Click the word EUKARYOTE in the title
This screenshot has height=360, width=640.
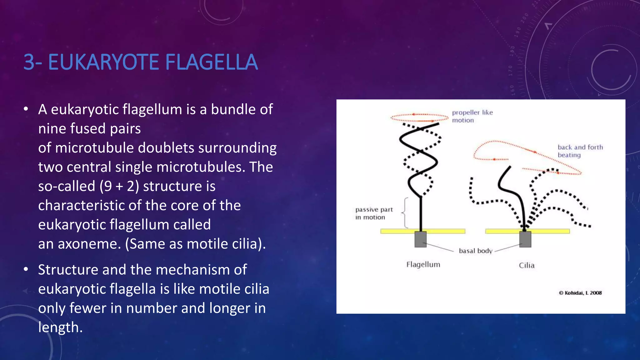[x=105, y=62]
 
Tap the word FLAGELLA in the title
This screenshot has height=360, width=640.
[x=212, y=62]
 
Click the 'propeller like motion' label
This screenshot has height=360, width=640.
[x=472, y=116]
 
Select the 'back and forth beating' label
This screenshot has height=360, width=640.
[x=580, y=151]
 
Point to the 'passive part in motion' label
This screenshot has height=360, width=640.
[x=373, y=213]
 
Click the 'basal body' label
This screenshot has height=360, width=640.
[x=475, y=251]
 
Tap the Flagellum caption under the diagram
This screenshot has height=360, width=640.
[x=423, y=264]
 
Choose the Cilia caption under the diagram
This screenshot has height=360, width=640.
[x=527, y=265]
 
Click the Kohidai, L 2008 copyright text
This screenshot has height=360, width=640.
[x=580, y=293]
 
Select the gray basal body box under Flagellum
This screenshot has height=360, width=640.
[x=420, y=239]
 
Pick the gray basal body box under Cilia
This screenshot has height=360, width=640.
[x=525, y=239]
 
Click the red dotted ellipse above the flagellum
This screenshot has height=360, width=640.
[x=419, y=117]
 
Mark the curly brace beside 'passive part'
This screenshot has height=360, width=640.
[x=405, y=213]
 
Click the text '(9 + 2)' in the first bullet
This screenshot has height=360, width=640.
[x=119, y=186]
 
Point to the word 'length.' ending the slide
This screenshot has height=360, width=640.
[x=60, y=327]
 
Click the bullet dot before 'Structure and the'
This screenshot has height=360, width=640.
[x=26, y=269]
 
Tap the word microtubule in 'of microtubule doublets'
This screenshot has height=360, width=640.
[x=94, y=148]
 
